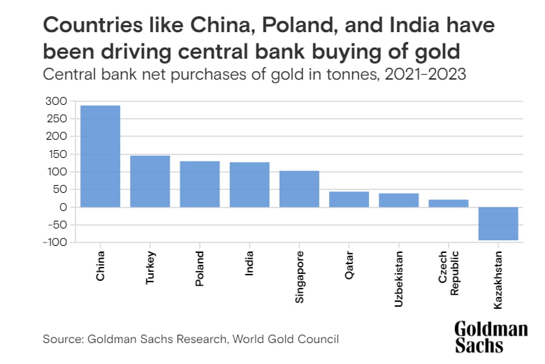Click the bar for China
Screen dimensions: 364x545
pos(101,156)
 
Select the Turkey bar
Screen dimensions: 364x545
pos(150,181)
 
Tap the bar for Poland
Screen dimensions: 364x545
pos(200,184)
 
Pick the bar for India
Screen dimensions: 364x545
pos(249,184)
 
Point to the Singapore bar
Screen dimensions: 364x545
pos(299,189)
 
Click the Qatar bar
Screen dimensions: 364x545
pos(349,199)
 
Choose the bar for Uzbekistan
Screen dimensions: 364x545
pos(398,200)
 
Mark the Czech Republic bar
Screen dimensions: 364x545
pos(448,203)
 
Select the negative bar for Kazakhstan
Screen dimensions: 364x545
pos(498,224)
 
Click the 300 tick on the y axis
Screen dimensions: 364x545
pos(57,101)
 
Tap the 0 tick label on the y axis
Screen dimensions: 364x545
pos(64,208)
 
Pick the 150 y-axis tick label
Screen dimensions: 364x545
pos(57,154)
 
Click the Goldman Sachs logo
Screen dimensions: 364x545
pos(490,337)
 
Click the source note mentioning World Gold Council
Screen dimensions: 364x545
pos(191,339)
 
